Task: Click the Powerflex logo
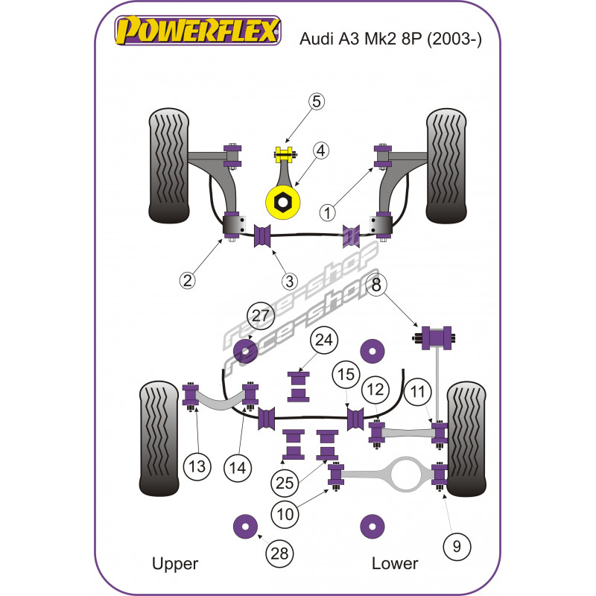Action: (198, 31)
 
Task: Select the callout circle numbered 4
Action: (320, 151)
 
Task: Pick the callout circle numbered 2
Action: (186, 280)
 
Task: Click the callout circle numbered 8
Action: (376, 284)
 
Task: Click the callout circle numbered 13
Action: (196, 467)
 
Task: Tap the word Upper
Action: (174, 563)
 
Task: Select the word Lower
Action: (395, 563)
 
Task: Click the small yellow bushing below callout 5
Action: (283, 156)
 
